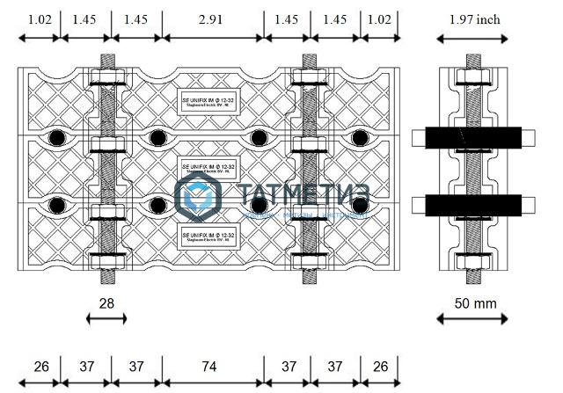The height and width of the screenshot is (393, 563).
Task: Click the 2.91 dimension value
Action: [212, 18]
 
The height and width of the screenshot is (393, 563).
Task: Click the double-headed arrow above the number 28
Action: [107, 317]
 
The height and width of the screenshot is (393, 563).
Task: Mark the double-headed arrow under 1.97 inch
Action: [472, 38]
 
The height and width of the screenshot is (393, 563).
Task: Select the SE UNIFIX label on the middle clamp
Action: [209, 166]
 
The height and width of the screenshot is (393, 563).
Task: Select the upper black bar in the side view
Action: [472, 137]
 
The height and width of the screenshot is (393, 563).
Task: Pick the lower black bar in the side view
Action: [472, 205]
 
